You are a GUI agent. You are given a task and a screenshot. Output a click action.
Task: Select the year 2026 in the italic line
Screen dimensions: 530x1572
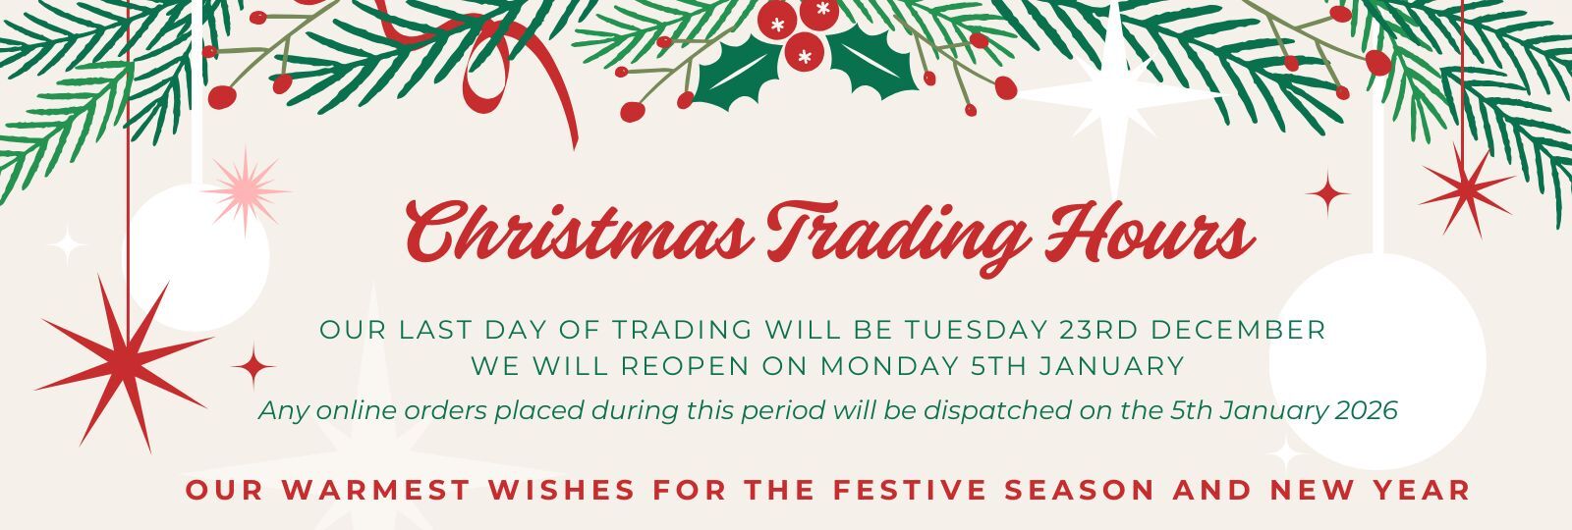(1366, 410)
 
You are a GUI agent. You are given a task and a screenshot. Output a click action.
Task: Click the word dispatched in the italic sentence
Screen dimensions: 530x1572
(992, 410)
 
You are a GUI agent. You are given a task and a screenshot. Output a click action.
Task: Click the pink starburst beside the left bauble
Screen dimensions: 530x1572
(245, 189)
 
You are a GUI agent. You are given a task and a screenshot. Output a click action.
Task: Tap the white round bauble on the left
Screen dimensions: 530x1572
(196, 257)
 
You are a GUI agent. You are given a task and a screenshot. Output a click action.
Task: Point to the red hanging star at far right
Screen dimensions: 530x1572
(1465, 190)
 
